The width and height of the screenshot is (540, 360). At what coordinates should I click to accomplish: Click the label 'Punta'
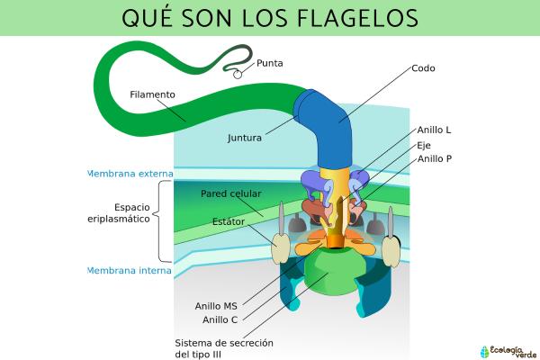(270, 63)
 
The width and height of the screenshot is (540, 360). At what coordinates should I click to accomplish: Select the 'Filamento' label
(152, 94)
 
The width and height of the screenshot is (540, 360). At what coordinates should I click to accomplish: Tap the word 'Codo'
(423, 67)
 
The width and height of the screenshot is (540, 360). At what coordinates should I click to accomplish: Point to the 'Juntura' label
(245, 139)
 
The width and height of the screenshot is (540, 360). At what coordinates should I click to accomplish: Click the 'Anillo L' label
(434, 130)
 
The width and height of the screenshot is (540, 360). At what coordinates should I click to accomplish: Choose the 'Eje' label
(424, 145)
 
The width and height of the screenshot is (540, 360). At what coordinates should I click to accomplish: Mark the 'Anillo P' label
(435, 159)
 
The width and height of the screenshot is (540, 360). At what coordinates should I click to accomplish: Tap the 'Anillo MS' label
(217, 305)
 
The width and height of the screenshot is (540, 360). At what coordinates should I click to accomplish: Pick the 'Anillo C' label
(220, 319)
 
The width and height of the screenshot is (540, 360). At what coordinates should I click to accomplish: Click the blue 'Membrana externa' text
(129, 174)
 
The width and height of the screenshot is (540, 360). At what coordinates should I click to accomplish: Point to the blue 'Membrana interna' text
(129, 269)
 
